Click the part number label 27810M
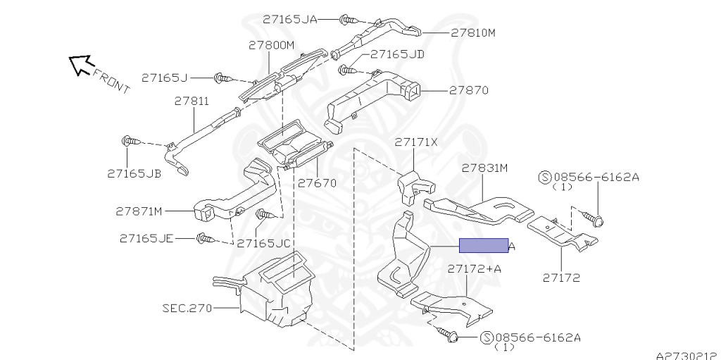[473, 32]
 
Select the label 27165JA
[290, 20]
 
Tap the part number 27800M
[270, 45]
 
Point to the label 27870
[469, 91]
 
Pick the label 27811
[192, 101]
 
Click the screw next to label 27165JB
[130, 142]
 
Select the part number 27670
[317, 183]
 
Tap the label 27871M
[139, 211]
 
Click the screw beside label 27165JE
[203, 240]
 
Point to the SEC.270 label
[186, 308]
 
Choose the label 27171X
[415, 142]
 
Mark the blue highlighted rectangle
[483, 245]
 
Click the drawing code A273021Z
[687, 355]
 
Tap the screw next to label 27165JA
[345, 20]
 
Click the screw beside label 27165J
[220, 77]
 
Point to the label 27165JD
[396, 54]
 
